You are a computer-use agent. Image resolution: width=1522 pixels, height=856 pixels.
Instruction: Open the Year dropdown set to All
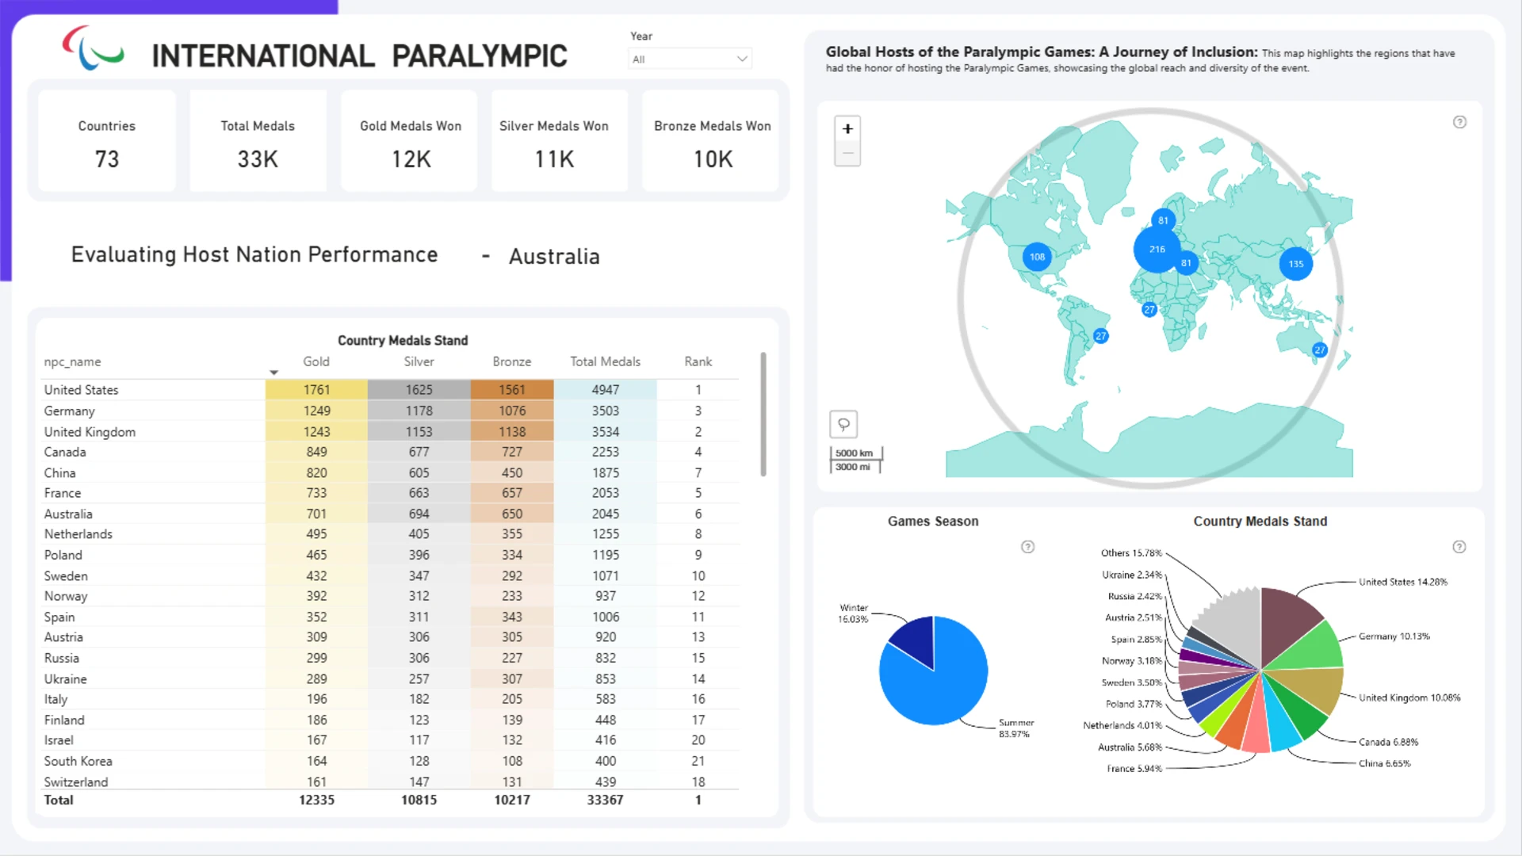tap(690, 59)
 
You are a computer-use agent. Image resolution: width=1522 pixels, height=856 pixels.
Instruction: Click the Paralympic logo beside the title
tap(93, 48)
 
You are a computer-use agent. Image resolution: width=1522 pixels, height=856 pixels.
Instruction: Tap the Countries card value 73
tap(107, 159)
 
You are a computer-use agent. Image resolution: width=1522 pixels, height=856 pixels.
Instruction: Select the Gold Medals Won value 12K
tap(411, 159)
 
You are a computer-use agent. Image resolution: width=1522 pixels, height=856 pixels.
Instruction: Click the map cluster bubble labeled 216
tap(1157, 249)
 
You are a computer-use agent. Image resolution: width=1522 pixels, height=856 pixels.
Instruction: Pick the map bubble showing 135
tap(1296, 264)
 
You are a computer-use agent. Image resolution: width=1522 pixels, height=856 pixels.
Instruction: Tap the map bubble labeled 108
tap(1037, 257)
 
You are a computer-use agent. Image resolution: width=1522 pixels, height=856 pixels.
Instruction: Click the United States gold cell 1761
tap(316, 390)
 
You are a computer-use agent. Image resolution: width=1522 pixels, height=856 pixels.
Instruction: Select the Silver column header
tap(419, 361)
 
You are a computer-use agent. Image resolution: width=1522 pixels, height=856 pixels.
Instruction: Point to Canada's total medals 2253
tap(605, 452)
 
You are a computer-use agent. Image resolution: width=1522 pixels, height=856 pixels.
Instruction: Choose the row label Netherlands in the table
tap(78, 534)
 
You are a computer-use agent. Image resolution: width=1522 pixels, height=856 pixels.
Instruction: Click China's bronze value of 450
tap(512, 472)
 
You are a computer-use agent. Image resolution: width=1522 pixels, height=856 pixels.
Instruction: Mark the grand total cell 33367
tap(605, 800)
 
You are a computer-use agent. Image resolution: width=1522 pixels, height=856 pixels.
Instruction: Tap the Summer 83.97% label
tap(1015, 728)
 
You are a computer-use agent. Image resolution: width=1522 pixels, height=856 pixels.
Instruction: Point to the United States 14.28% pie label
tap(1403, 582)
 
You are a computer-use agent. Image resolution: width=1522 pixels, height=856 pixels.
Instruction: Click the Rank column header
tap(698, 361)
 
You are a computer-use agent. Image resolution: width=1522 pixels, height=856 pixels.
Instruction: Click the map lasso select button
tap(843, 424)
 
